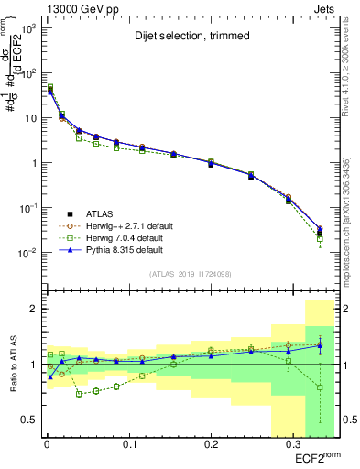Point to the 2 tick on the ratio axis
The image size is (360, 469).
(x=32, y=310)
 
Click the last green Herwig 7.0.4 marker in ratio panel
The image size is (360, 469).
(x=319, y=387)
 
